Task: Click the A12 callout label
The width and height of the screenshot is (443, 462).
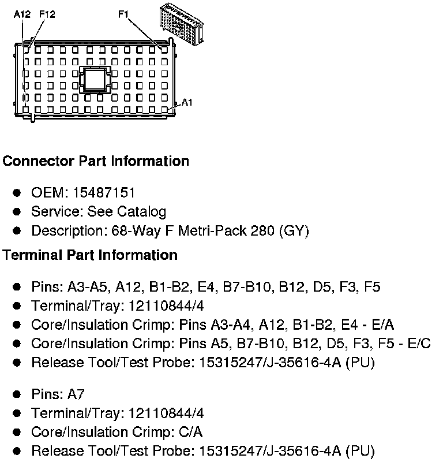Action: pos(22,14)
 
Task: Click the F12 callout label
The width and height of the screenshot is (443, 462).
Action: pos(47,14)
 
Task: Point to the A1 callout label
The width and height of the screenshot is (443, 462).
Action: pos(187,102)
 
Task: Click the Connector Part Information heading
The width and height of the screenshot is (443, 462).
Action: pos(96,161)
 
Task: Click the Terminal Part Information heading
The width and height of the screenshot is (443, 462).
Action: pos(90,255)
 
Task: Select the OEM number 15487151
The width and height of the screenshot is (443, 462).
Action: pos(100,192)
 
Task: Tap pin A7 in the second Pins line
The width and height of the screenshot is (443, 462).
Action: pos(76,394)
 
